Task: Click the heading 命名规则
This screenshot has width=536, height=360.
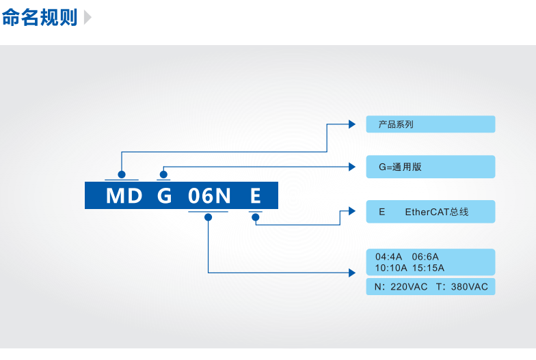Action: pos(39,17)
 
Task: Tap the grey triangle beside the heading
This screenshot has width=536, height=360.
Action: pos(88,18)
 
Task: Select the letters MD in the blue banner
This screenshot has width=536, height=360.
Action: pos(124,196)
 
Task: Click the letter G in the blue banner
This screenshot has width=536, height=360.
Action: pos(164,196)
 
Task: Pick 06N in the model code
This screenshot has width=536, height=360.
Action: pos(209,196)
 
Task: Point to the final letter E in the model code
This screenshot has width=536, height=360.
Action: pos(255,196)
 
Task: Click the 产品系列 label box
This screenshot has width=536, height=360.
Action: pos(430,124)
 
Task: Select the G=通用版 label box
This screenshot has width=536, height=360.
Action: pos(430,167)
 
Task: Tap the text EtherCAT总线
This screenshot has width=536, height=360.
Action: pos(437,212)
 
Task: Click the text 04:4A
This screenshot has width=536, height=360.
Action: pos(388,257)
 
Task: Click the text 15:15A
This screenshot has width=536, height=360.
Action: pos(429,268)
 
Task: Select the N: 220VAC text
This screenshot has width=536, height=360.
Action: pos(401,287)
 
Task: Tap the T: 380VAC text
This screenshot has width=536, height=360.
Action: pos(461,287)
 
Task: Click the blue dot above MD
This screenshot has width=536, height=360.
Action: pos(122,175)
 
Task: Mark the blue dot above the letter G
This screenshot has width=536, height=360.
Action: pos(163,175)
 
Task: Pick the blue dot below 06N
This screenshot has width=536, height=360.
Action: pos(208,217)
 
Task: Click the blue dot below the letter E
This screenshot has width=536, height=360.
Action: pos(255,217)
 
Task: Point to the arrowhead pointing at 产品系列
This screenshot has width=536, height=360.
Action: pos(352,124)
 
